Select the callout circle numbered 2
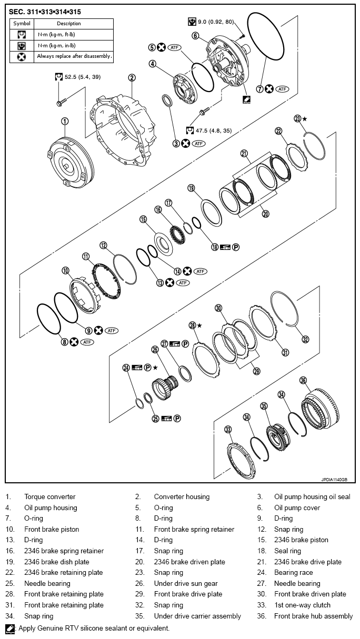(x=132, y=77)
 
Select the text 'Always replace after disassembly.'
(x=74, y=56)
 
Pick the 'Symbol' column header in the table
(x=22, y=24)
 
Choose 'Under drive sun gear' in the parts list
(x=186, y=583)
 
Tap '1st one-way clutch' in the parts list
(x=302, y=605)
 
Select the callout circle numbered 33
(x=228, y=430)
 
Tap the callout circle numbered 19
(x=191, y=188)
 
